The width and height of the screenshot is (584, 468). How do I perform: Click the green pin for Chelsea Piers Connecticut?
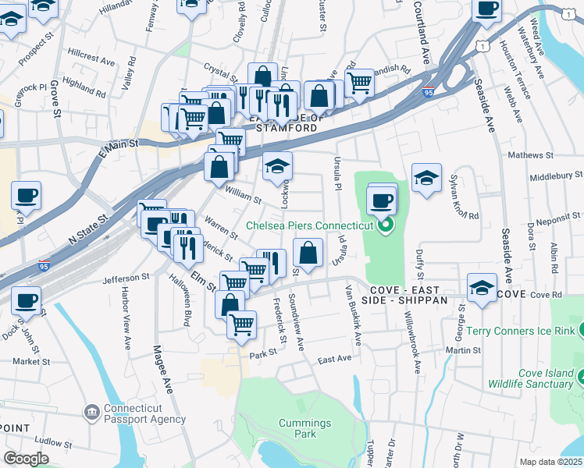tap(383, 227)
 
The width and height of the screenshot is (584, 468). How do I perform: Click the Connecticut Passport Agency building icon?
tap(92, 411)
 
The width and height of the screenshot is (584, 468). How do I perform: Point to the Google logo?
tap(26, 459)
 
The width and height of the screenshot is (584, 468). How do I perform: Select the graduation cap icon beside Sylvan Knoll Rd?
tap(426, 179)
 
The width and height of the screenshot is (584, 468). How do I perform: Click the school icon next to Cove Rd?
tap(482, 288)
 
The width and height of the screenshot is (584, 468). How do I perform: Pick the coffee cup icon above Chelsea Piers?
tap(382, 200)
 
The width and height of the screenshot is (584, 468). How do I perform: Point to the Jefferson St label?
tap(126, 277)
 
